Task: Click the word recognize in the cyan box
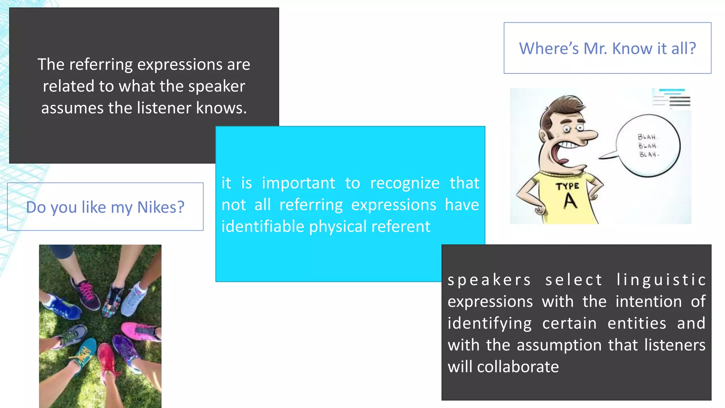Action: (x=405, y=183)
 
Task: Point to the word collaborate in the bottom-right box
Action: (x=518, y=367)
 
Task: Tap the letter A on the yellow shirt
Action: (x=570, y=201)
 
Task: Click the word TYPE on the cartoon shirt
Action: (x=567, y=186)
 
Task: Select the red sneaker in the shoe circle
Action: (x=106, y=358)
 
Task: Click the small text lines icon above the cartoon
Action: (x=672, y=98)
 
